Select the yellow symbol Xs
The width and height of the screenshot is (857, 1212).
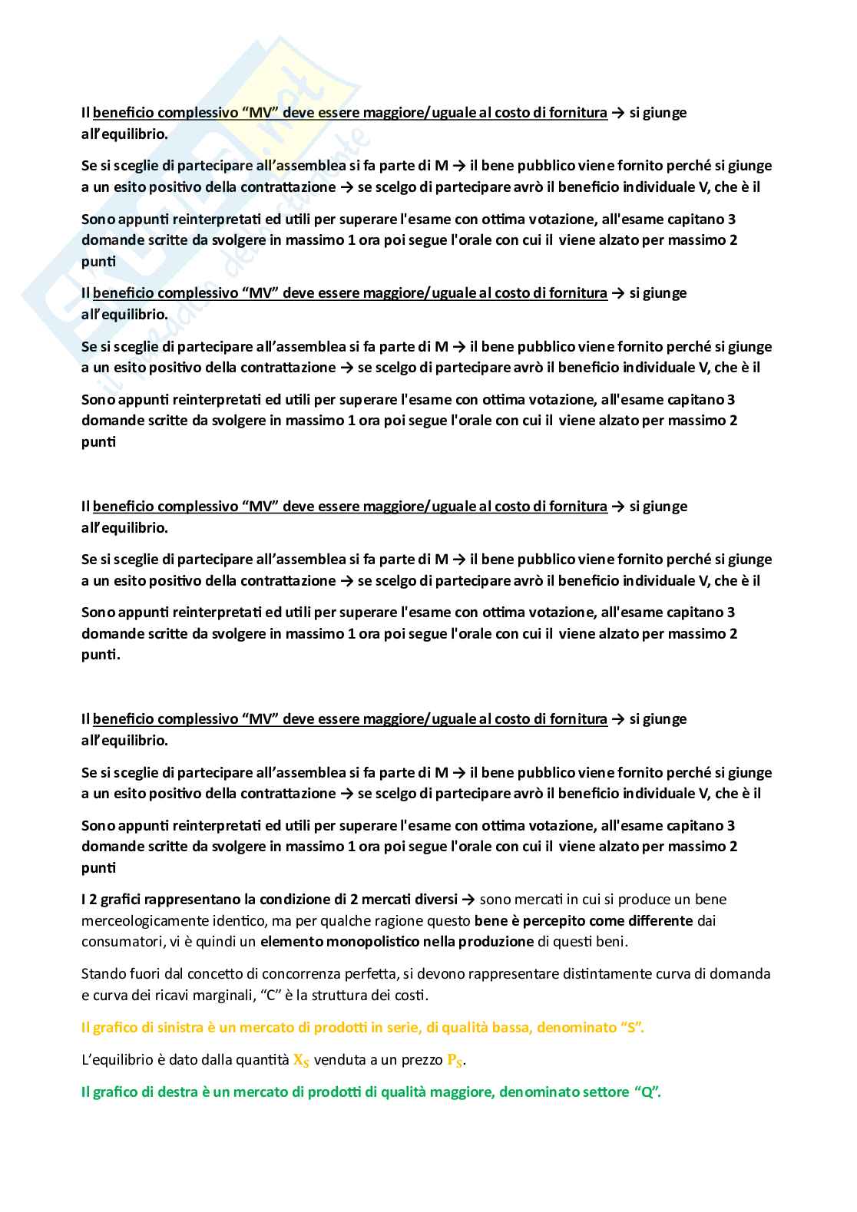click(301, 1060)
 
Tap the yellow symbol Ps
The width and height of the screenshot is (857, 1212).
click(455, 1060)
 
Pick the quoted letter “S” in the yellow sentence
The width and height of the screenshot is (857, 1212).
click(630, 1028)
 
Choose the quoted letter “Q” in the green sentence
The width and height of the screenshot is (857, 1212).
click(647, 1092)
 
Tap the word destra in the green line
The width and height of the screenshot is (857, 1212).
click(164, 1092)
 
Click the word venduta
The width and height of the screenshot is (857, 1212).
click(340, 1060)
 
